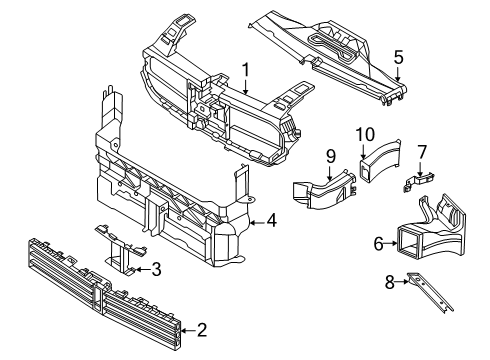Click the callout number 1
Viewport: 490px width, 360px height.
[x=246, y=71]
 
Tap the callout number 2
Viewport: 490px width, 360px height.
[x=202, y=330]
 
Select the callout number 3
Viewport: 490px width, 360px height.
[x=156, y=269]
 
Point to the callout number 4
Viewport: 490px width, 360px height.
[x=271, y=221]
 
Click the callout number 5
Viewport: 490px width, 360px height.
[x=398, y=57]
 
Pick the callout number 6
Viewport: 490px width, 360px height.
[x=378, y=244]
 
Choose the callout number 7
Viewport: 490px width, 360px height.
[x=422, y=152]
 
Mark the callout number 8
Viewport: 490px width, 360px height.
[x=389, y=282]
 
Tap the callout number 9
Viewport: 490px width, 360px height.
[x=331, y=157]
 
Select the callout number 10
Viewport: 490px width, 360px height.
[x=365, y=135]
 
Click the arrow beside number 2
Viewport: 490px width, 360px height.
[x=188, y=331]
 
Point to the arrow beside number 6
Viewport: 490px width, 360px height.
[x=391, y=244]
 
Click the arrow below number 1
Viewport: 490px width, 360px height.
[x=246, y=87]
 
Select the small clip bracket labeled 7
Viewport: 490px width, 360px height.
[x=419, y=181]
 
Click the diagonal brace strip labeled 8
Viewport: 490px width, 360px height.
[x=430, y=292]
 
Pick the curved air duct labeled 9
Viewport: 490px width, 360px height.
[x=323, y=189]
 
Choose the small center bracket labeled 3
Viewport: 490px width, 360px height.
[x=121, y=248]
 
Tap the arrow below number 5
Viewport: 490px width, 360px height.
[x=398, y=74]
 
